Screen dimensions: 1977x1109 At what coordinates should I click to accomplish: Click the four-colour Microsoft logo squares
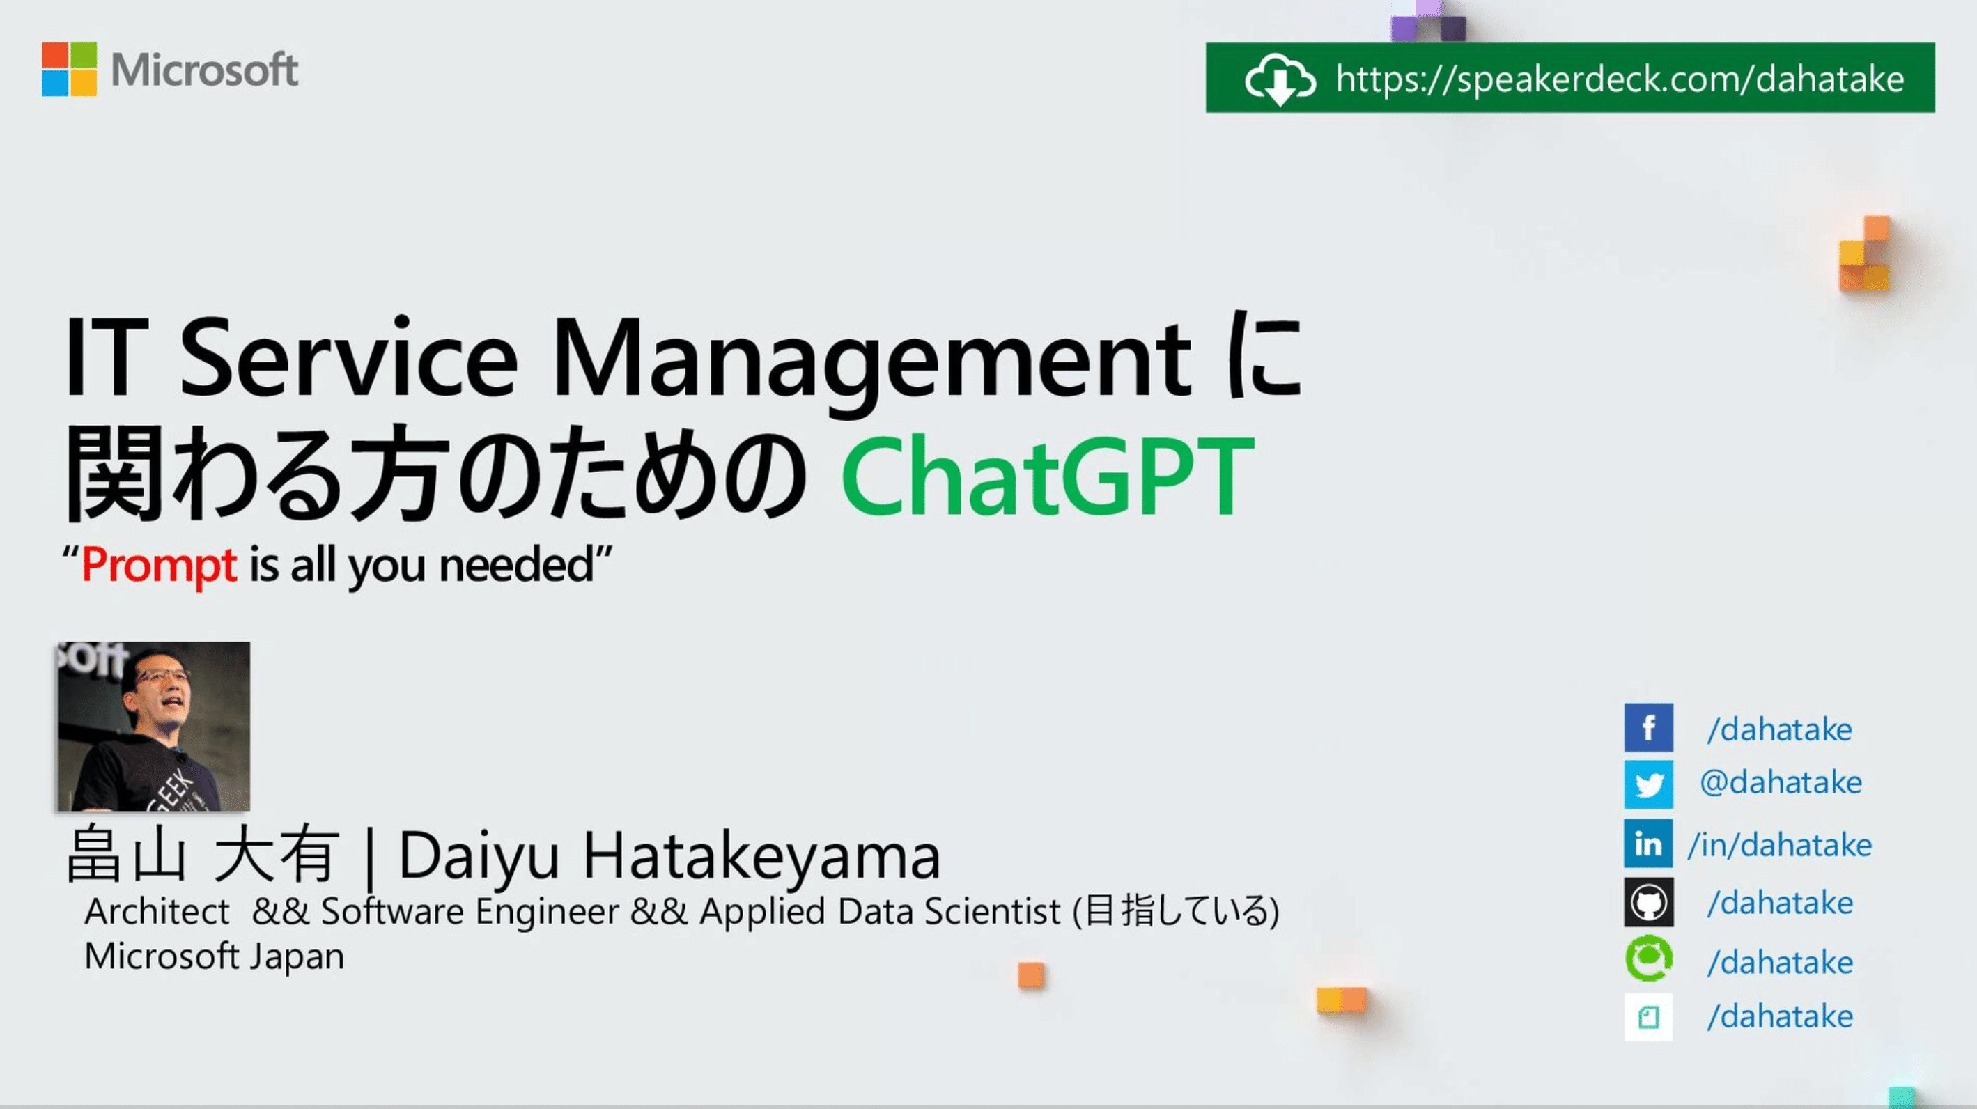[x=69, y=69]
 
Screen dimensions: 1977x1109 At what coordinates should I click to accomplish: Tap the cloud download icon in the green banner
[x=1280, y=79]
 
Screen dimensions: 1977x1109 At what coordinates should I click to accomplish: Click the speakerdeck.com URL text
[x=1620, y=79]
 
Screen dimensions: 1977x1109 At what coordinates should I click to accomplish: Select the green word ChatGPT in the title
[x=1048, y=475]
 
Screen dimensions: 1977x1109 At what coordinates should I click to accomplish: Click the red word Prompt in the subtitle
[x=159, y=565]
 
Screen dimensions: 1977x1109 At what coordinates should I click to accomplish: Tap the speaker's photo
[x=153, y=726]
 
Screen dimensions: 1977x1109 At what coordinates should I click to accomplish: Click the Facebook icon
[x=1647, y=727]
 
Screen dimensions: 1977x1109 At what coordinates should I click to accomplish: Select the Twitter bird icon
[x=1647, y=784]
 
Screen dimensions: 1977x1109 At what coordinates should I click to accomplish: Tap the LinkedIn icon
[x=1647, y=843]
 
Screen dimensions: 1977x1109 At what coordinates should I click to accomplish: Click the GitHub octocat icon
[x=1647, y=902]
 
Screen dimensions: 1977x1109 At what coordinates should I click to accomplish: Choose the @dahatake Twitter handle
[x=1781, y=783]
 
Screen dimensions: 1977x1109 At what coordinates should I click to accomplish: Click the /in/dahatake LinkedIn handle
[x=1779, y=844]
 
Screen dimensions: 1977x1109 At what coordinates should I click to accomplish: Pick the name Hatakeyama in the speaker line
[x=761, y=857]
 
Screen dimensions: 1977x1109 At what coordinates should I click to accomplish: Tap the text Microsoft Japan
[x=214, y=956]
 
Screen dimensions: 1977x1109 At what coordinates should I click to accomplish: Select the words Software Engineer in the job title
[x=470, y=912]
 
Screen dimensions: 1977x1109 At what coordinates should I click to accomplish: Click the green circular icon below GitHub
[x=1647, y=959]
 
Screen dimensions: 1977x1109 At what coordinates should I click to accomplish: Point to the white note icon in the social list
[x=1647, y=1017]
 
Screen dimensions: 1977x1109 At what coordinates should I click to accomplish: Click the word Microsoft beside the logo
[x=204, y=70]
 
